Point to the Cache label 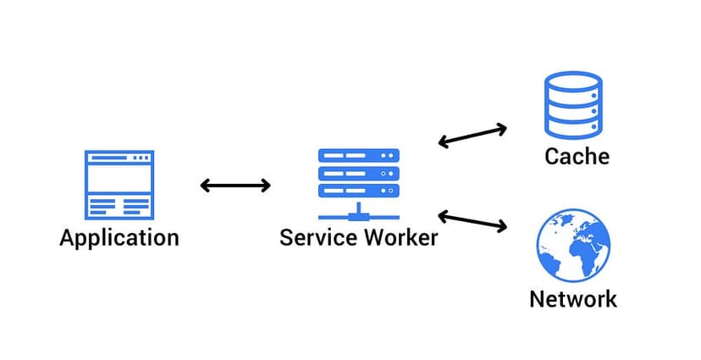point(577,157)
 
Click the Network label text point(573,299)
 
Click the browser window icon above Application point(119,185)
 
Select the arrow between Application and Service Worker point(235,186)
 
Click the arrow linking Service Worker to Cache point(472,136)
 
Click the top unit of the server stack point(359,157)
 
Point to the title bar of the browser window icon point(119,157)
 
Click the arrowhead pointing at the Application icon point(206,186)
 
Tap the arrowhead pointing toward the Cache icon point(501,129)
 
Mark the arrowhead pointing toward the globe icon point(501,226)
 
